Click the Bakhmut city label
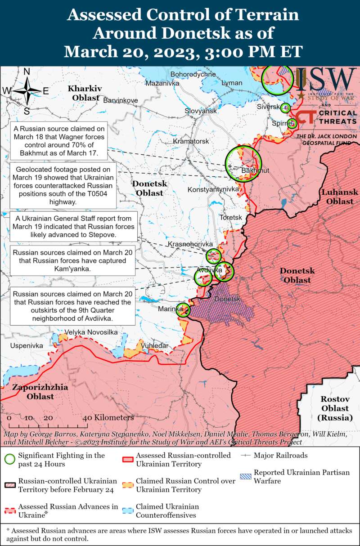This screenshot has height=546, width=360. pyautogui.click(x=255, y=171)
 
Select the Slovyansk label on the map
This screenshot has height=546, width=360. pyautogui.click(x=201, y=111)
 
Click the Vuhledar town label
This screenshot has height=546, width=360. pyautogui.click(x=154, y=345)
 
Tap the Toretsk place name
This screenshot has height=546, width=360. pyautogui.click(x=230, y=217)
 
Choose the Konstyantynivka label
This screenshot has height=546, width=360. pyautogui.click(x=213, y=189)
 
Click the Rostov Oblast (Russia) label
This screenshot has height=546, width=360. pyautogui.click(x=335, y=408)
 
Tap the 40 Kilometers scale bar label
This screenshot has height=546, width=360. pyautogui.click(x=108, y=418)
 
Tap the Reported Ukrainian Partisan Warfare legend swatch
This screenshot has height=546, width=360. pyautogui.click(x=245, y=476)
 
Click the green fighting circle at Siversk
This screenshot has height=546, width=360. pyautogui.click(x=285, y=107)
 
